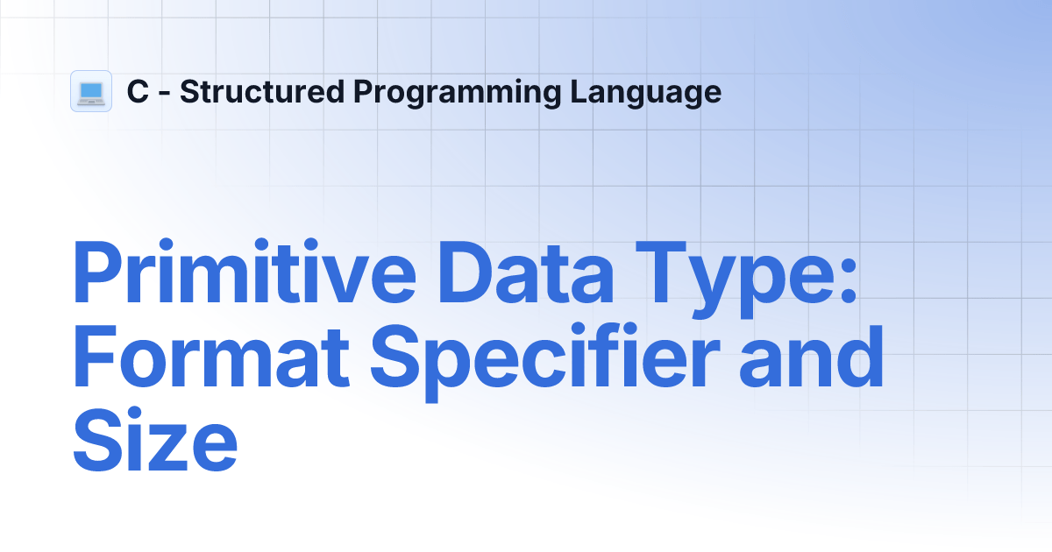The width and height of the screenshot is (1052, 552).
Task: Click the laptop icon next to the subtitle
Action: tap(91, 91)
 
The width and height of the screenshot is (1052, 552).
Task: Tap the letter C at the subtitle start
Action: tap(138, 92)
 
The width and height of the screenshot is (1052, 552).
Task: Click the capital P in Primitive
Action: tap(97, 275)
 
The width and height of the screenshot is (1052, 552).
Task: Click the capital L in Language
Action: tap(579, 92)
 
